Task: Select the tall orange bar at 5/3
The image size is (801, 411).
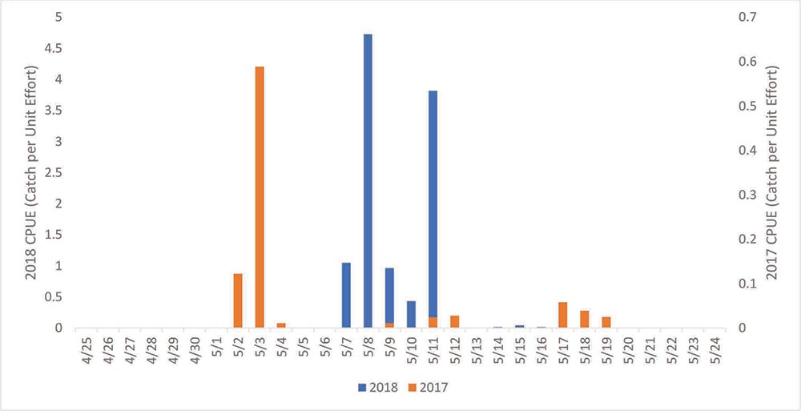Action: tap(260, 197)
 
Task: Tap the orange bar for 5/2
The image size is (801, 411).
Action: tap(238, 300)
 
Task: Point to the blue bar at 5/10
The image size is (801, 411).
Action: tap(411, 314)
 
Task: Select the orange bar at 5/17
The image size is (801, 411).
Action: tap(563, 315)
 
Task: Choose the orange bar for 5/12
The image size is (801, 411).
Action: tap(455, 321)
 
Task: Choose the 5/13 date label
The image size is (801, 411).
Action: tap(476, 351)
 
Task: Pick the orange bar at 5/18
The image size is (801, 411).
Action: tap(585, 319)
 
